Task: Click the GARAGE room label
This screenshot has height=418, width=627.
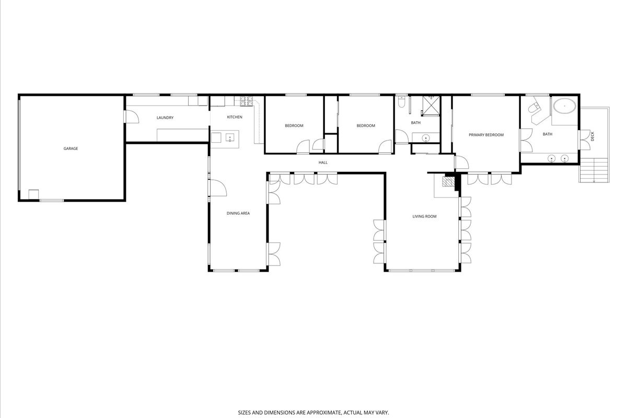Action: [x=71, y=148]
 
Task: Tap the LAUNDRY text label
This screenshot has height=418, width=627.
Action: [x=165, y=118]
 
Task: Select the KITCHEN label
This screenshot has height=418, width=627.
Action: [x=234, y=117]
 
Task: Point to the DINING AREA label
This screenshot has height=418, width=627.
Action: [x=238, y=213]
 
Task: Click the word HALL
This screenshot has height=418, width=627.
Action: [x=323, y=162]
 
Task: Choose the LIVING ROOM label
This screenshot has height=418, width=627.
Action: [x=424, y=216]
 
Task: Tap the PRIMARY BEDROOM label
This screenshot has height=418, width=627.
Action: [x=486, y=135]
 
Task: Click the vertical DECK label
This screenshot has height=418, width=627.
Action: [x=593, y=136]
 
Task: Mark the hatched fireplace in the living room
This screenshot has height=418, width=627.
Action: [x=448, y=182]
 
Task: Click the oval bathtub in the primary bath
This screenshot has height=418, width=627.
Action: [x=564, y=108]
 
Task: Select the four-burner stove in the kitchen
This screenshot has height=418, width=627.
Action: [x=246, y=101]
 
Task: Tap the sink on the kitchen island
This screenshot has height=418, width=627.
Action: [x=228, y=138]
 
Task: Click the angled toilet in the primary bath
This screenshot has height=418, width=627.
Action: [x=533, y=109]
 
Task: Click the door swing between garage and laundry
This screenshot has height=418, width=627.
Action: [x=132, y=117]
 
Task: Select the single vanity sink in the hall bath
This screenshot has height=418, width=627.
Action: [x=426, y=138]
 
